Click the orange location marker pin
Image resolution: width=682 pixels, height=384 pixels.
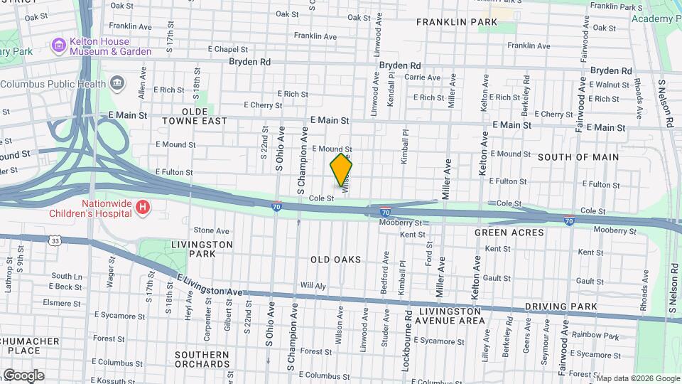(x=341, y=169)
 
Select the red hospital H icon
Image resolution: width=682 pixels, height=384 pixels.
(x=144, y=208)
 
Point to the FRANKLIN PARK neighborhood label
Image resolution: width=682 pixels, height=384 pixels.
(x=456, y=22)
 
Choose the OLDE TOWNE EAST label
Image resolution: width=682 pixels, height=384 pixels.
(x=195, y=117)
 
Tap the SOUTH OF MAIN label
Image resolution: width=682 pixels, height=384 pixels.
(x=578, y=156)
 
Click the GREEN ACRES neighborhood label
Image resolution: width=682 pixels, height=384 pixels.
(x=509, y=233)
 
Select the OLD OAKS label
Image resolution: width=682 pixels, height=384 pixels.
(x=335, y=260)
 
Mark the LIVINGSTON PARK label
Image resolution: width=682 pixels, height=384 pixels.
(x=202, y=249)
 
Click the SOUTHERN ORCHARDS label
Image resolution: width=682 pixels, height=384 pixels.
(x=201, y=359)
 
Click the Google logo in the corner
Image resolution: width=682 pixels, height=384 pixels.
(x=23, y=375)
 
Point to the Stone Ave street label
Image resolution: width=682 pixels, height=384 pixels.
(x=212, y=230)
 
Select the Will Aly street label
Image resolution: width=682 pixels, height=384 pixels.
(x=313, y=285)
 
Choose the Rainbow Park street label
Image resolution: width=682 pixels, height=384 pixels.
(x=595, y=336)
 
